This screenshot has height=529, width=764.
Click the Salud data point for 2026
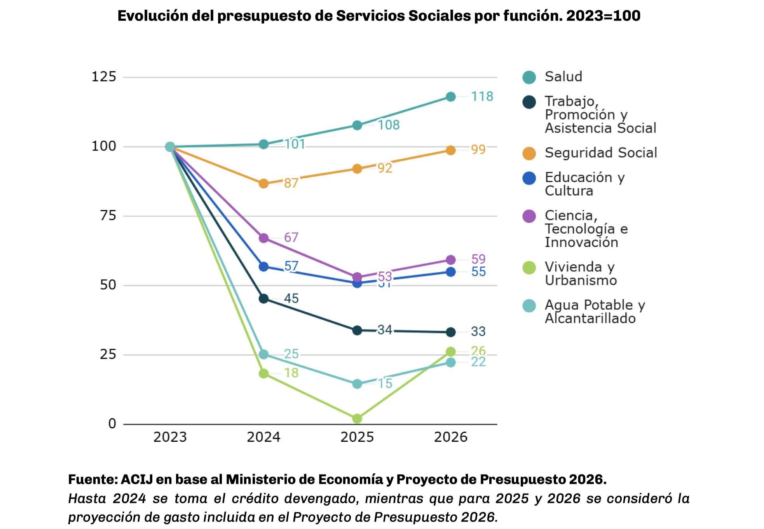[x=450, y=97]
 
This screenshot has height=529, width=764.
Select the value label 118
[x=482, y=96]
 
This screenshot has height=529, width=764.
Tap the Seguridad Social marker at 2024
[x=263, y=184]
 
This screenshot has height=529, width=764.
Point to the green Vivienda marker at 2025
[x=357, y=419]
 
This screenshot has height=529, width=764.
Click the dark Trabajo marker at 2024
[x=263, y=299]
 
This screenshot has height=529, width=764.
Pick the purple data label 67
[x=291, y=237]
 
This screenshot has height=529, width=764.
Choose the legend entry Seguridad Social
[x=600, y=153]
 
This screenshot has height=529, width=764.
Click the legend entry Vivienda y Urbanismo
[x=581, y=273]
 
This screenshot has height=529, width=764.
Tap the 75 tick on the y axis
[x=108, y=215]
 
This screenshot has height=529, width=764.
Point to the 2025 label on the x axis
[x=357, y=437]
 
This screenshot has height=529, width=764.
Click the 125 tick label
[x=104, y=77]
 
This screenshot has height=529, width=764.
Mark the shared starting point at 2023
[x=170, y=147]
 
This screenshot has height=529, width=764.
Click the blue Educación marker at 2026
[x=450, y=272]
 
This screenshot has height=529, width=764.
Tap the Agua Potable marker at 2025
[x=357, y=384]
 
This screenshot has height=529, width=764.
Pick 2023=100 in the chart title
[x=603, y=16]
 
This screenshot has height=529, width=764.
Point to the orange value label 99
[x=478, y=149]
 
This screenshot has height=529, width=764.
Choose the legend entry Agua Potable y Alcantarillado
[x=595, y=312]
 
